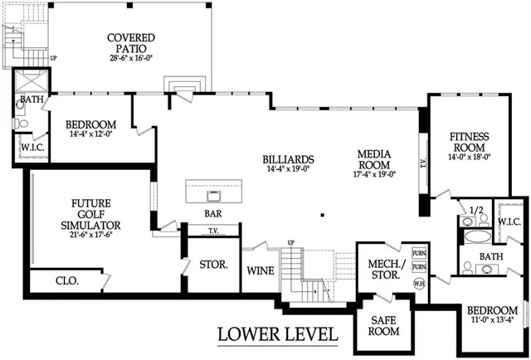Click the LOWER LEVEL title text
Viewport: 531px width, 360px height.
point(277,334)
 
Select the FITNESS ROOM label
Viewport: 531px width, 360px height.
point(469,142)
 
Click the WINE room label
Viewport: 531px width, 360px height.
point(260,270)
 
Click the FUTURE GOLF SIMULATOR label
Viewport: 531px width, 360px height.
point(96,213)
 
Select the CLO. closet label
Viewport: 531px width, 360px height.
point(66,281)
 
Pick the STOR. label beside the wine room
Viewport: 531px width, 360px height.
point(207,266)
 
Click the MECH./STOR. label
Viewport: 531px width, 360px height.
point(385,270)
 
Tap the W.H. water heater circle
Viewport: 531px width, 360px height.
point(419,283)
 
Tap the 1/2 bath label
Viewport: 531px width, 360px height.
point(475,212)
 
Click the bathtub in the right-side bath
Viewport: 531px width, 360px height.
point(477,237)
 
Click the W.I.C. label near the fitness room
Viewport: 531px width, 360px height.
point(509,221)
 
